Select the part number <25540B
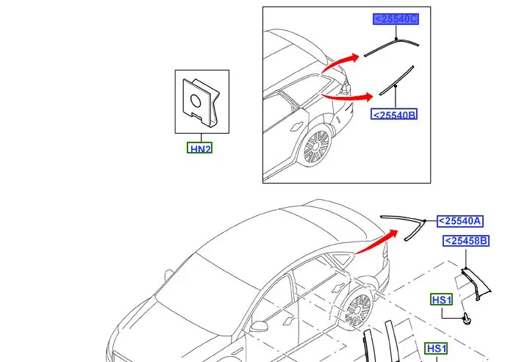click(395, 115)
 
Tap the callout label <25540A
click(461, 220)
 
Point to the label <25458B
click(466, 240)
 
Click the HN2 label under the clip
click(201, 148)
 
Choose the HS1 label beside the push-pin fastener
click(442, 300)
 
